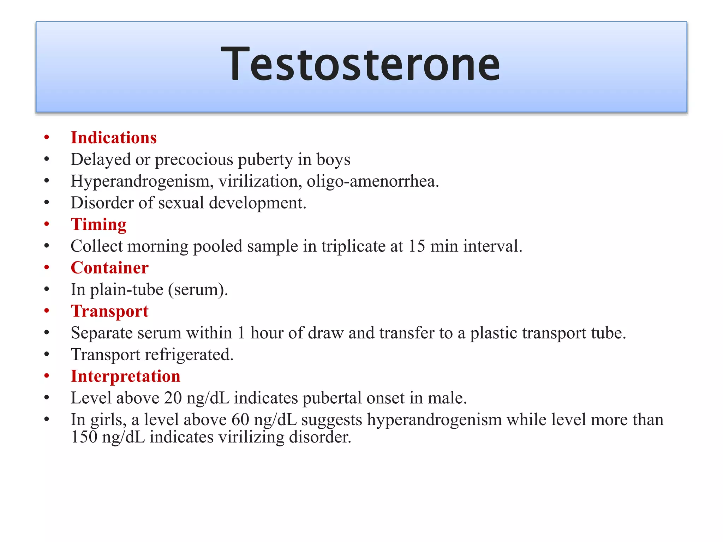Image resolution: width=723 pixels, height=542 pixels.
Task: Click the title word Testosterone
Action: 360,65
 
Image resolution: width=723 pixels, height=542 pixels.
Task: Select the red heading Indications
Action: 114,138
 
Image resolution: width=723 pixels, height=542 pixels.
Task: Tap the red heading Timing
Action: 98,224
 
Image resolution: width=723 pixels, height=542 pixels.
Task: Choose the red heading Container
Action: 109,268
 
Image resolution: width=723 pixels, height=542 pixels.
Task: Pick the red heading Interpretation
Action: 125,376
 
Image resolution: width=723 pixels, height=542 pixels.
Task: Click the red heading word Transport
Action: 109,311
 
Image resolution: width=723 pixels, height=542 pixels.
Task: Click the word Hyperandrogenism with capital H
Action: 142,181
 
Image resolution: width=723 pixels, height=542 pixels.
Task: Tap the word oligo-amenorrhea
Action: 372,181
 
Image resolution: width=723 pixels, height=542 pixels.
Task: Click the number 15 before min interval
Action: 417,246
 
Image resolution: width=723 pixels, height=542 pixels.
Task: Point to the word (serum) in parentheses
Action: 198,290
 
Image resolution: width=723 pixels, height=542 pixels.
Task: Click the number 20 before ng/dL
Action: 173,398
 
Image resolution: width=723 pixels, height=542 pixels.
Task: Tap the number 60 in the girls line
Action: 240,420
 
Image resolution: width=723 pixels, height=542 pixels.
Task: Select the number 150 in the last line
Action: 84,437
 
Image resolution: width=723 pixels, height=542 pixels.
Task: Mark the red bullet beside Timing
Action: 47,224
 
